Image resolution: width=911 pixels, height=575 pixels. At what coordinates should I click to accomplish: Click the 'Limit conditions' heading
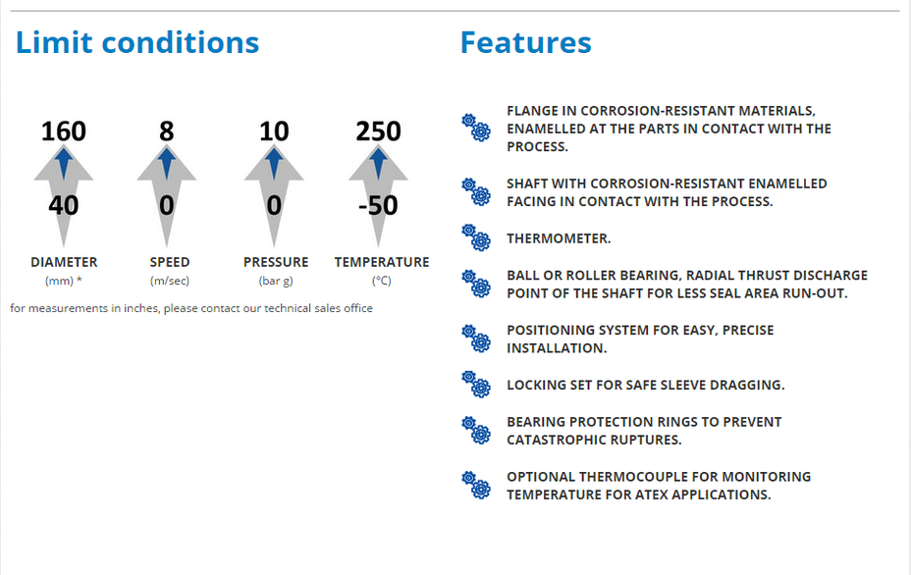point(137,42)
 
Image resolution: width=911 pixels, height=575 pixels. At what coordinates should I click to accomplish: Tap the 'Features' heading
point(526,42)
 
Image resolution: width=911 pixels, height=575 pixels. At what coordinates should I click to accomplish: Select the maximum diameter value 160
point(64,131)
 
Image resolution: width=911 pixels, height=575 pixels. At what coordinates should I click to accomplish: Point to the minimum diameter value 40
point(64,206)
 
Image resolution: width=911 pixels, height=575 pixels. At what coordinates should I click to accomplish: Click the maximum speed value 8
point(167,131)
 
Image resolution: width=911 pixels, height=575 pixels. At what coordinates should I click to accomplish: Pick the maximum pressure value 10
point(274,131)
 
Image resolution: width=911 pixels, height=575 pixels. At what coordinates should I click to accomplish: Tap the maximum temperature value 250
point(378,131)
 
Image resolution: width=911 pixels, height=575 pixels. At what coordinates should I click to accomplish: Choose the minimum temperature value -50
point(378,206)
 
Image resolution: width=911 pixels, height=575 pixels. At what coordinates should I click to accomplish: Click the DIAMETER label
point(64,262)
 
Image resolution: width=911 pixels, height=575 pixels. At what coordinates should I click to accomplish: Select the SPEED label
point(170,262)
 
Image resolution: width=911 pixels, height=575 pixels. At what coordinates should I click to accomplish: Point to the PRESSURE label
point(276,262)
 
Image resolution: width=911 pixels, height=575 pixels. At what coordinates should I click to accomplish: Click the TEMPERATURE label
point(382,262)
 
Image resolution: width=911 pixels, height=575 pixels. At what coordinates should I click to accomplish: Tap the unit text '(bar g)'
point(276,281)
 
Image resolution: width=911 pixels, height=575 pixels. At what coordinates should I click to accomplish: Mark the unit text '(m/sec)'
point(170,281)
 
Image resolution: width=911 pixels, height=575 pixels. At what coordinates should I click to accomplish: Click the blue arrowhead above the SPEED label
point(167,163)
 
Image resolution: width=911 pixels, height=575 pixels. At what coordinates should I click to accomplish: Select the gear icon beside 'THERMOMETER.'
point(476,237)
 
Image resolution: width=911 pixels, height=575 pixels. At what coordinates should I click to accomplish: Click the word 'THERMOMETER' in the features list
point(557,238)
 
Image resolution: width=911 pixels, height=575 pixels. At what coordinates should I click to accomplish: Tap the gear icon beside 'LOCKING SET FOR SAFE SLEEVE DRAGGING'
point(476,384)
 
